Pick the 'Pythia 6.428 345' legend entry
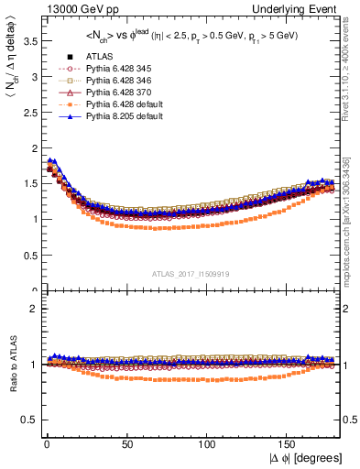(116, 69)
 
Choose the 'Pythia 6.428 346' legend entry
(116, 81)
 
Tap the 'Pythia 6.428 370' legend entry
(116, 93)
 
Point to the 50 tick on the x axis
(127, 443)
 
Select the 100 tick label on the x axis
(208, 443)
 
